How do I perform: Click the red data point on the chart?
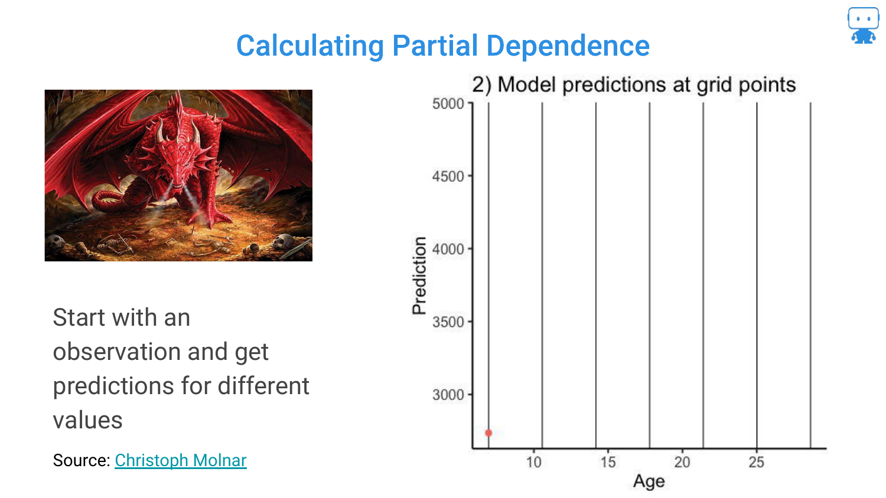[488, 433]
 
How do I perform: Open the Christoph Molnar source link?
[181, 460]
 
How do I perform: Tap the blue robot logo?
[863, 25]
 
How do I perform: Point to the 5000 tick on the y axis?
[448, 103]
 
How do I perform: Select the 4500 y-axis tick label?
[448, 176]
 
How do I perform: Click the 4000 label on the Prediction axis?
[448, 249]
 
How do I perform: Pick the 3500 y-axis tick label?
[448, 322]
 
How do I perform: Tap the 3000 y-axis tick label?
[448, 395]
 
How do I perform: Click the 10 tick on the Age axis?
[533, 461]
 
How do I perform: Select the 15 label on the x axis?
[608, 461]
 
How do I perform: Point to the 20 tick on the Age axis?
[682, 461]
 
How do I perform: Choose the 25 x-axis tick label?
[756, 461]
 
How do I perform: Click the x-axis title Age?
[649, 481]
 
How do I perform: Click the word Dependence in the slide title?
[568, 46]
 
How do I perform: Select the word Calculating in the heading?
[310, 47]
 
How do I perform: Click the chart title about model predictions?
[634, 85]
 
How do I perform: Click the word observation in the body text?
[118, 351]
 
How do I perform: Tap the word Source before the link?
[81, 460]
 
